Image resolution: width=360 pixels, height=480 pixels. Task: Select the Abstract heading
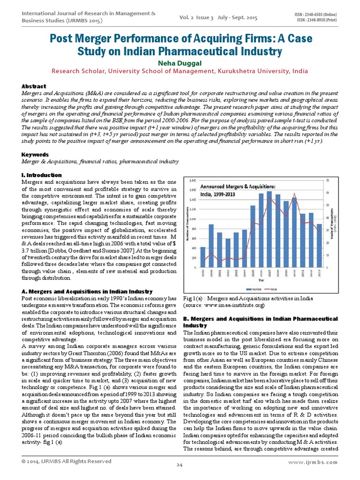coord(34,86)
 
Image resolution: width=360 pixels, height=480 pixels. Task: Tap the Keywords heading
coord(36,154)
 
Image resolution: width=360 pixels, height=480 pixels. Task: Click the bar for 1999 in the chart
coord(203,257)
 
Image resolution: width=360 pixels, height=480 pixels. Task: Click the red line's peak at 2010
coord(294,194)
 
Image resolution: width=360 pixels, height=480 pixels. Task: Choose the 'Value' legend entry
coord(273,289)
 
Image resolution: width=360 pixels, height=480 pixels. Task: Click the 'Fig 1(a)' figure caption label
coord(191,299)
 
